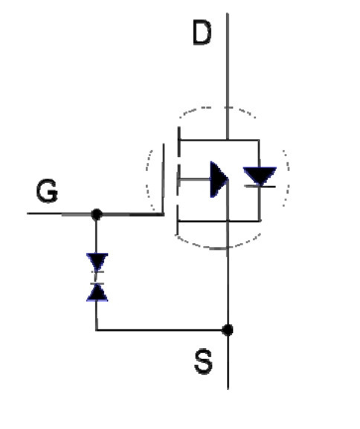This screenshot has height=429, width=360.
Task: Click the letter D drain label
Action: tap(202, 33)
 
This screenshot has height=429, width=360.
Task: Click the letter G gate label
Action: tap(47, 190)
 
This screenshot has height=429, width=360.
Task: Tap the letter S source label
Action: tap(203, 361)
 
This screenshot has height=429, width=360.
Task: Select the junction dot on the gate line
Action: tap(97, 214)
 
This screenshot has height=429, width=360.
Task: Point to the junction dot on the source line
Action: tap(228, 329)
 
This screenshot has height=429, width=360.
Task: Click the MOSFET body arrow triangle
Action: tap(219, 179)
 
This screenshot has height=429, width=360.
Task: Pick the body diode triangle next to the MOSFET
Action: tap(260, 176)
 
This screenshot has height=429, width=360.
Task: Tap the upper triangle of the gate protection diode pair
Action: tap(97, 262)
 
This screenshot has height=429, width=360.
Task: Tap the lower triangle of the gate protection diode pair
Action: tap(97, 292)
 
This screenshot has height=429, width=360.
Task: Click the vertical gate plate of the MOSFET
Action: tap(164, 179)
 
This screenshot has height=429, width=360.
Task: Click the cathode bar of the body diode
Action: tap(260, 187)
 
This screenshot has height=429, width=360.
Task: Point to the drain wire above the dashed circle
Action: tap(228, 59)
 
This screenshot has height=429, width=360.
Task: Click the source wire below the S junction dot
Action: tap(228, 361)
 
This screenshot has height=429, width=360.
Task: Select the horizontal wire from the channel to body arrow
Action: tap(194, 179)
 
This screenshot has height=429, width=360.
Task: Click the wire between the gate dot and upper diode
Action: tap(96, 236)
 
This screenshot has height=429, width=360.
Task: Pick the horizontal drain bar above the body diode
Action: tap(219, 140)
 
